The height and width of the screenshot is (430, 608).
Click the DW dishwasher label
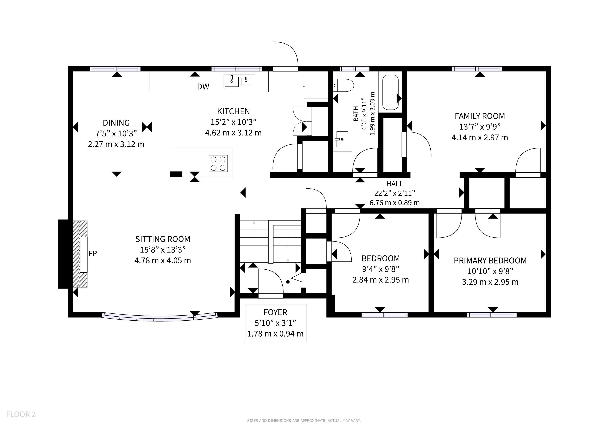[203, 87]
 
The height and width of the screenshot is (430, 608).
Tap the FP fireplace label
[93, 254]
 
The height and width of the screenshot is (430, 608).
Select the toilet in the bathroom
[343, 85]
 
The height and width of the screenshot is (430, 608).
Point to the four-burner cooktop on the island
[218, 163]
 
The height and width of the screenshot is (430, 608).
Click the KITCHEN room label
[233, 111]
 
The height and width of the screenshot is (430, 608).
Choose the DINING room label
[116, 123]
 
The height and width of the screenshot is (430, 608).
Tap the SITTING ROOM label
[163, 239]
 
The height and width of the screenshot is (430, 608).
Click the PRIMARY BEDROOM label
[490, 261]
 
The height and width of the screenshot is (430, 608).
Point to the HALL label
[394, 184]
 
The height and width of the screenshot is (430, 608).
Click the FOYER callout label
[275, 312]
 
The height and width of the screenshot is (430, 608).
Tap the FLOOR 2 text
[21, 414]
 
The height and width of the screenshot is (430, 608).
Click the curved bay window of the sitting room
[160, 317]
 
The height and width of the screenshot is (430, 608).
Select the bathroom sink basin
[342, 139]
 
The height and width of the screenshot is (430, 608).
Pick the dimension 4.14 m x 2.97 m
[480, 138]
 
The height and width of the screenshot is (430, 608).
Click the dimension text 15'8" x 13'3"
[163, 250]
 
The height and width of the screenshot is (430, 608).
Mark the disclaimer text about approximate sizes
[304, 421]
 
